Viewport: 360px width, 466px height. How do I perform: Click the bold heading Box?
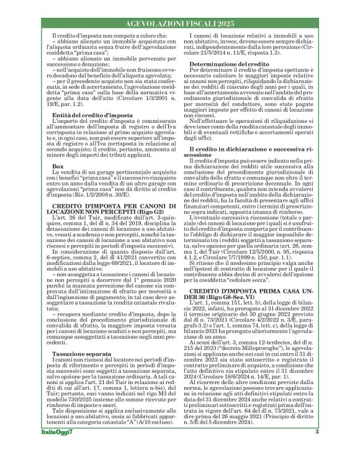click(58, 184)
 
